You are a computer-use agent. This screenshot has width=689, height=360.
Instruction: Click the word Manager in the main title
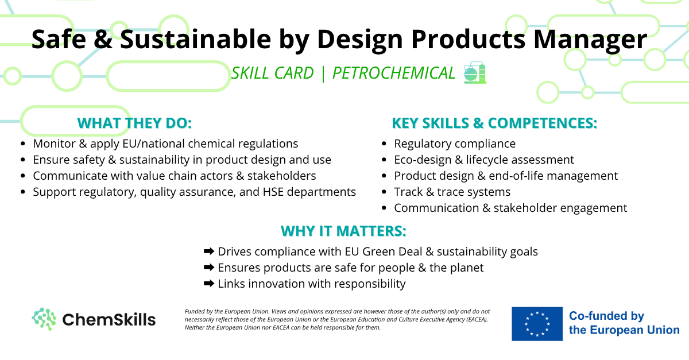590,40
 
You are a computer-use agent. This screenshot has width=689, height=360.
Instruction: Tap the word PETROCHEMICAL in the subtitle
393,73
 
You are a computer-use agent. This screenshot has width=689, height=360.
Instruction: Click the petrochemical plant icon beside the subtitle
475,72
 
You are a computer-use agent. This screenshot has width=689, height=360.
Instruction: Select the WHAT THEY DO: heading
134,123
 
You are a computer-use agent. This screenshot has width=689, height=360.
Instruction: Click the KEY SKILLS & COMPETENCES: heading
494,123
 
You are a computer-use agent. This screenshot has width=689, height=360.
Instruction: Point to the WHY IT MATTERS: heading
343,231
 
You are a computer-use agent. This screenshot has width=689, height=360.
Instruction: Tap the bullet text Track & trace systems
452,192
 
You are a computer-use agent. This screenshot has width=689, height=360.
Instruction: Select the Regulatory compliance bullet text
455,144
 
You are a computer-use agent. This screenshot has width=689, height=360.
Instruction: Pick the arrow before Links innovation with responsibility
209,284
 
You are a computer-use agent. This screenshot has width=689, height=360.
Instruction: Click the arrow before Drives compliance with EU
209,251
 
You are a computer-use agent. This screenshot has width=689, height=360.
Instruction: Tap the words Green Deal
392,251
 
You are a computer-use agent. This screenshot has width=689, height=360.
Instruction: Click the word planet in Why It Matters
467,268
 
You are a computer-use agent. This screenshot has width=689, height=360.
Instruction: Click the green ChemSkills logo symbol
44,319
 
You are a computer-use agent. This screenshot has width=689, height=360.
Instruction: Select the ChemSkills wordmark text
109,319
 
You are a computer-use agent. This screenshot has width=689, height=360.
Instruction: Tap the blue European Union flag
537,324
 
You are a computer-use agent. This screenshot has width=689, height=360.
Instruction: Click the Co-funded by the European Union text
624,323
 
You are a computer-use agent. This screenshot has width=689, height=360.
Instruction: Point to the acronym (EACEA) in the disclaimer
477,319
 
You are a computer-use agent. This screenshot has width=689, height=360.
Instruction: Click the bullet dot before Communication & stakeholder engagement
384,208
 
